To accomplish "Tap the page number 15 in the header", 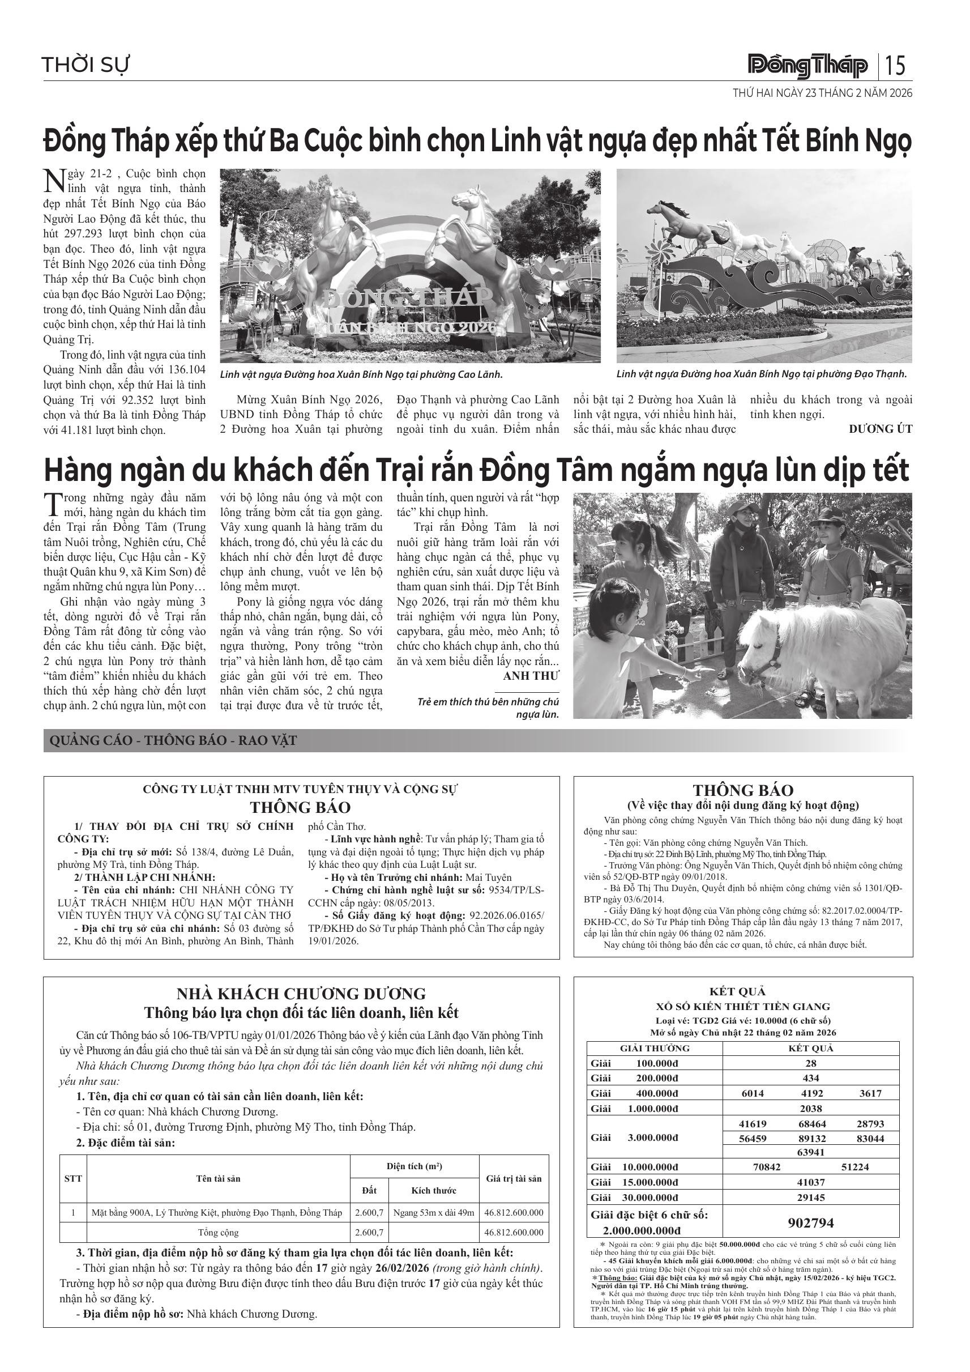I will click(x=896, y=65).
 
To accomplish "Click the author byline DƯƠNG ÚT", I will click(x=881, y=428).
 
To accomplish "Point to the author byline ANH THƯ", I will click(x=531, y=676).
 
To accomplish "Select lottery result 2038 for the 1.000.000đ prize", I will click(x=810, y=1108).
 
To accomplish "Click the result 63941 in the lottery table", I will click(x=810, y=1152).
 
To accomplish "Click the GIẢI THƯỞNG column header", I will click(x=655, y=1048).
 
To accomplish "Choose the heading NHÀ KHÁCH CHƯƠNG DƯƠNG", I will click(x=301, y=994).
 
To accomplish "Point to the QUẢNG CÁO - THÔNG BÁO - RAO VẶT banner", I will click(x=173, y=741).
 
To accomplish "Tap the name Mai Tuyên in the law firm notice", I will click(x=489, y=877).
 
